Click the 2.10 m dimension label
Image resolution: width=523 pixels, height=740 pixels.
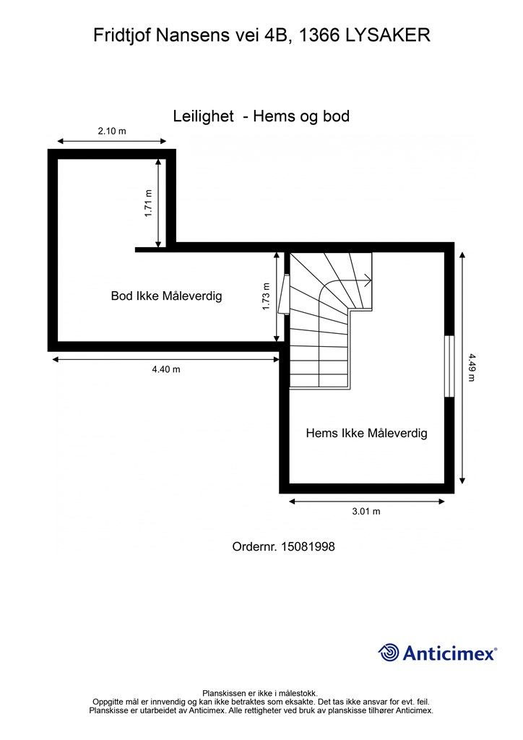coord(112,131)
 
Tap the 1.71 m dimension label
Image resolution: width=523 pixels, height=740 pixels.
coord(149,203)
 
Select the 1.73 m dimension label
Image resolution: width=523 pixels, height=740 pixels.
coord(266,296)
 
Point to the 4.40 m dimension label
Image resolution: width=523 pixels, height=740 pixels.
coord(166,369)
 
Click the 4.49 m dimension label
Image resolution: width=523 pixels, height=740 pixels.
coord(471,368)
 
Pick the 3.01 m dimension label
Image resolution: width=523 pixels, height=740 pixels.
coord(366,511)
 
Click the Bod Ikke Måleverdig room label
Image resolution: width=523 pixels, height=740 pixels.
coord(166,296)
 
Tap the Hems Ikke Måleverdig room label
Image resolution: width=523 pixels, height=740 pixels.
coord(366,433)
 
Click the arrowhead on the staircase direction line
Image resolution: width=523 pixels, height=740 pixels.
coord(368,280)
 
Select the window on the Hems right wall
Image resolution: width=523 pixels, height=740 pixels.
coord(449,366)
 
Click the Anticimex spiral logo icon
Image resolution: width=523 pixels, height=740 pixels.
coord(389,653)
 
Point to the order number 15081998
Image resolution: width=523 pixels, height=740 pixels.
coord(308,546)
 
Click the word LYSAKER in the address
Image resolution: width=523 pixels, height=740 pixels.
coord(388,35)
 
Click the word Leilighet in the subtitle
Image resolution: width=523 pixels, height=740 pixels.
coord(203,116)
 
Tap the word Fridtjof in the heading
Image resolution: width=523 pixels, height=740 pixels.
coord(122,35)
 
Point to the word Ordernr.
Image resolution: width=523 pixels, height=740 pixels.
coord(255,546)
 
